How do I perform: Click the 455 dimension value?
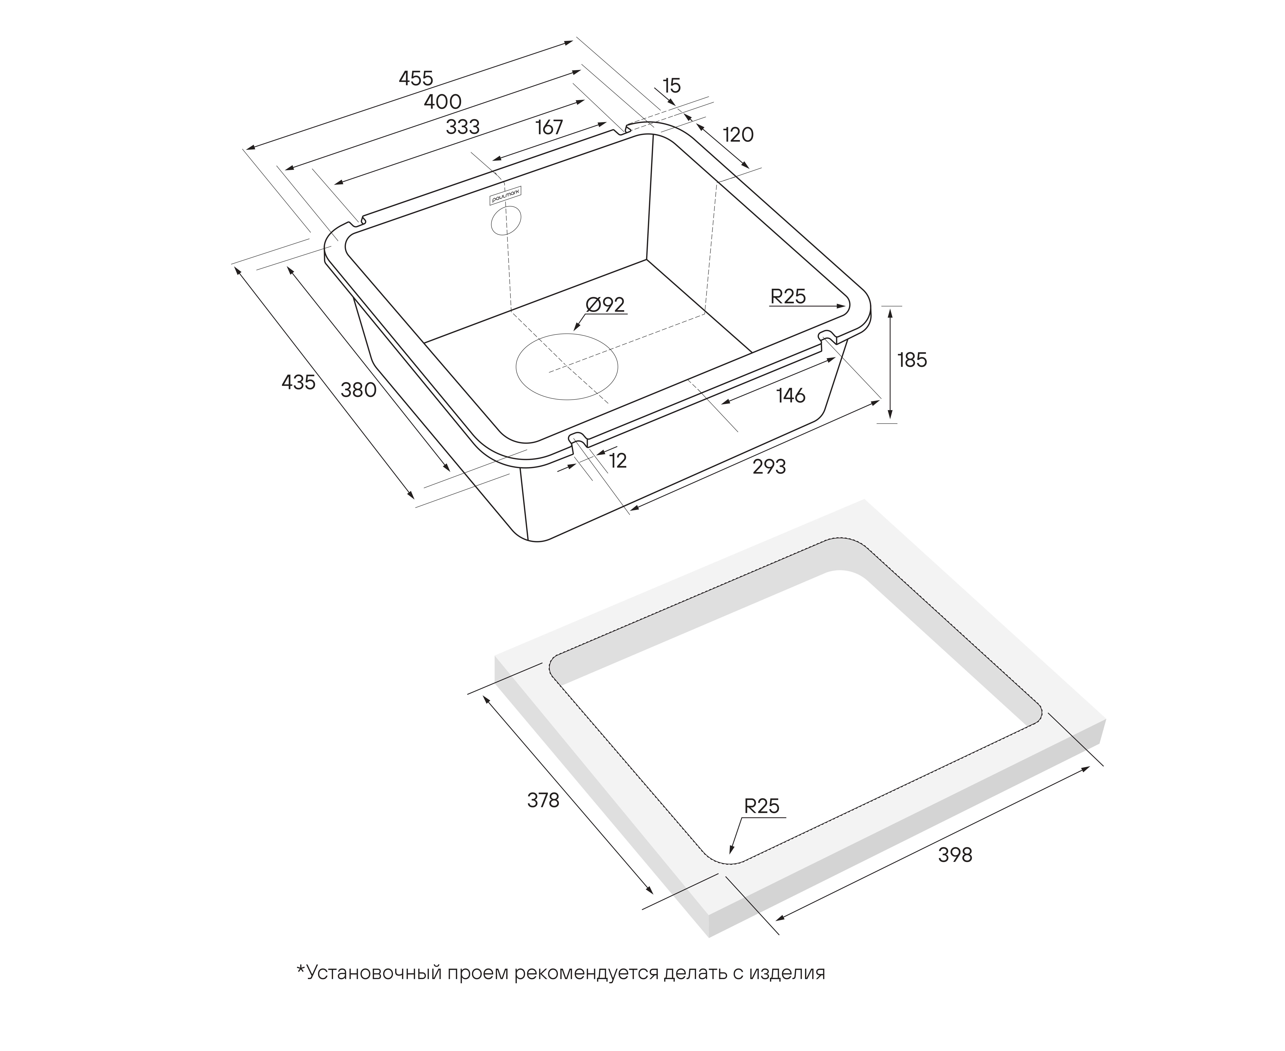(x=416, y=78)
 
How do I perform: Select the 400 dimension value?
(x=443, y=102)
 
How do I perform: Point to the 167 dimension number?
(x=549, y=127)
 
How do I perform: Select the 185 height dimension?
(x=912, y=360)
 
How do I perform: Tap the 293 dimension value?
(x=769, y=467)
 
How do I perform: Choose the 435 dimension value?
(x=299, y=382)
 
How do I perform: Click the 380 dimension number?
(x=359, y=390)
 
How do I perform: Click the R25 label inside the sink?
(x=788, y=297)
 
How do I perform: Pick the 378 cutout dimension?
(x=543, y=800)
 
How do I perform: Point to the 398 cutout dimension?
(x=955, y=855)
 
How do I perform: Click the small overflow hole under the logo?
(x=506, y=220)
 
